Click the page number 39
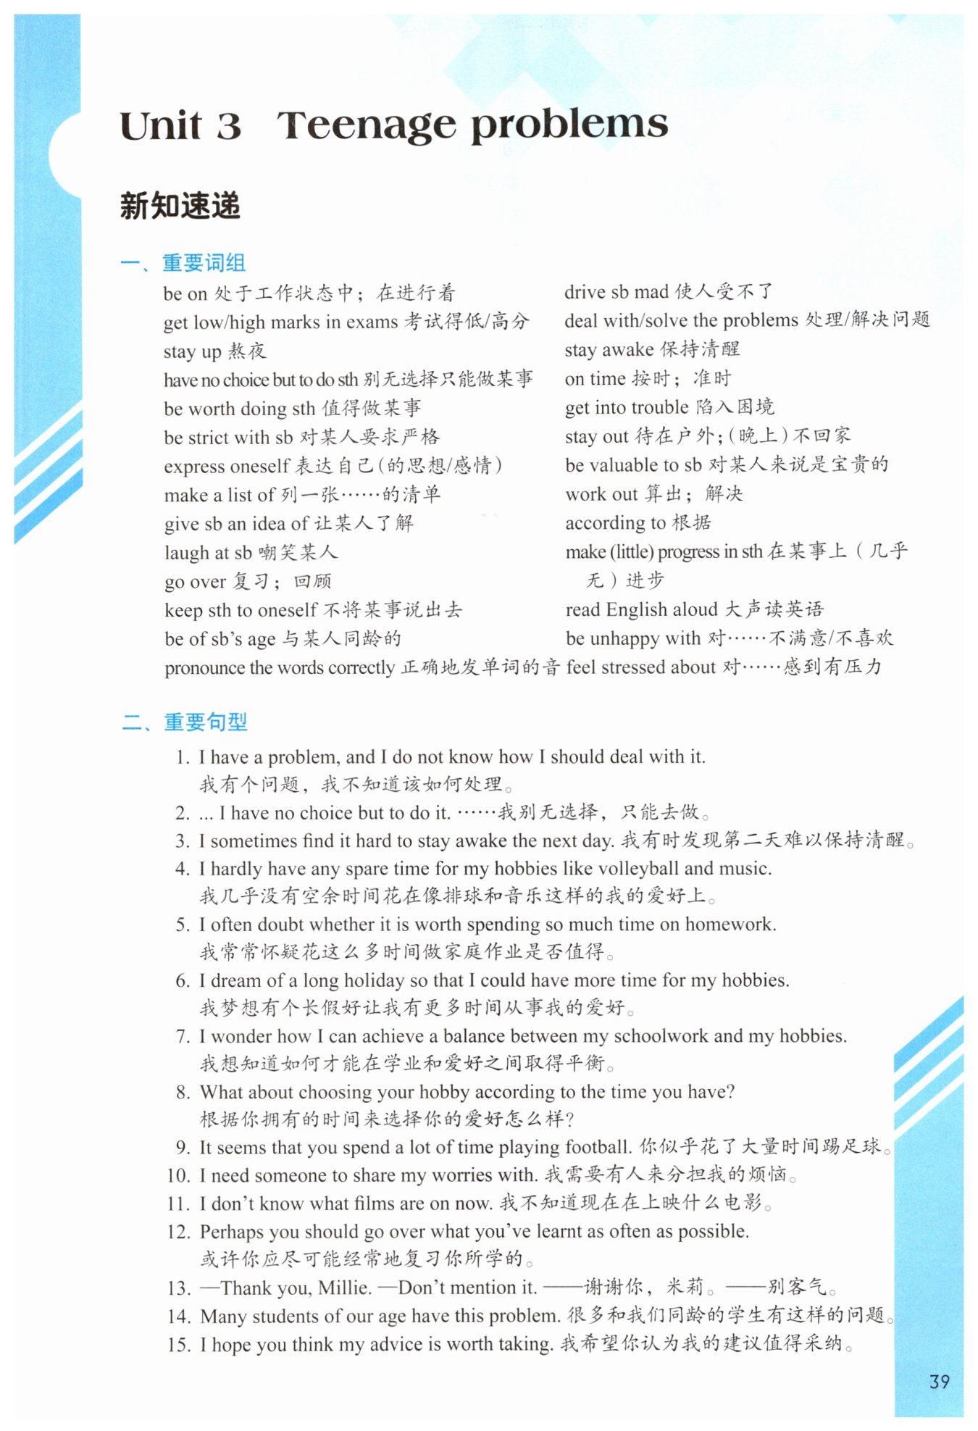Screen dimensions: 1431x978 (939, 1381)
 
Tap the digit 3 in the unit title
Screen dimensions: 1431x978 (228, 126)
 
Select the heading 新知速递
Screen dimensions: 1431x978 (180, 206)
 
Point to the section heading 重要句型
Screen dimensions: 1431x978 (206, 722)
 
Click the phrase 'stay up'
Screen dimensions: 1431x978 (192, 351)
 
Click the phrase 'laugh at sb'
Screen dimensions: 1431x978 (208, 553)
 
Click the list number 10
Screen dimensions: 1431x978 (177, 1175)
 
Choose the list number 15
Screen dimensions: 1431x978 (178, 1345)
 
